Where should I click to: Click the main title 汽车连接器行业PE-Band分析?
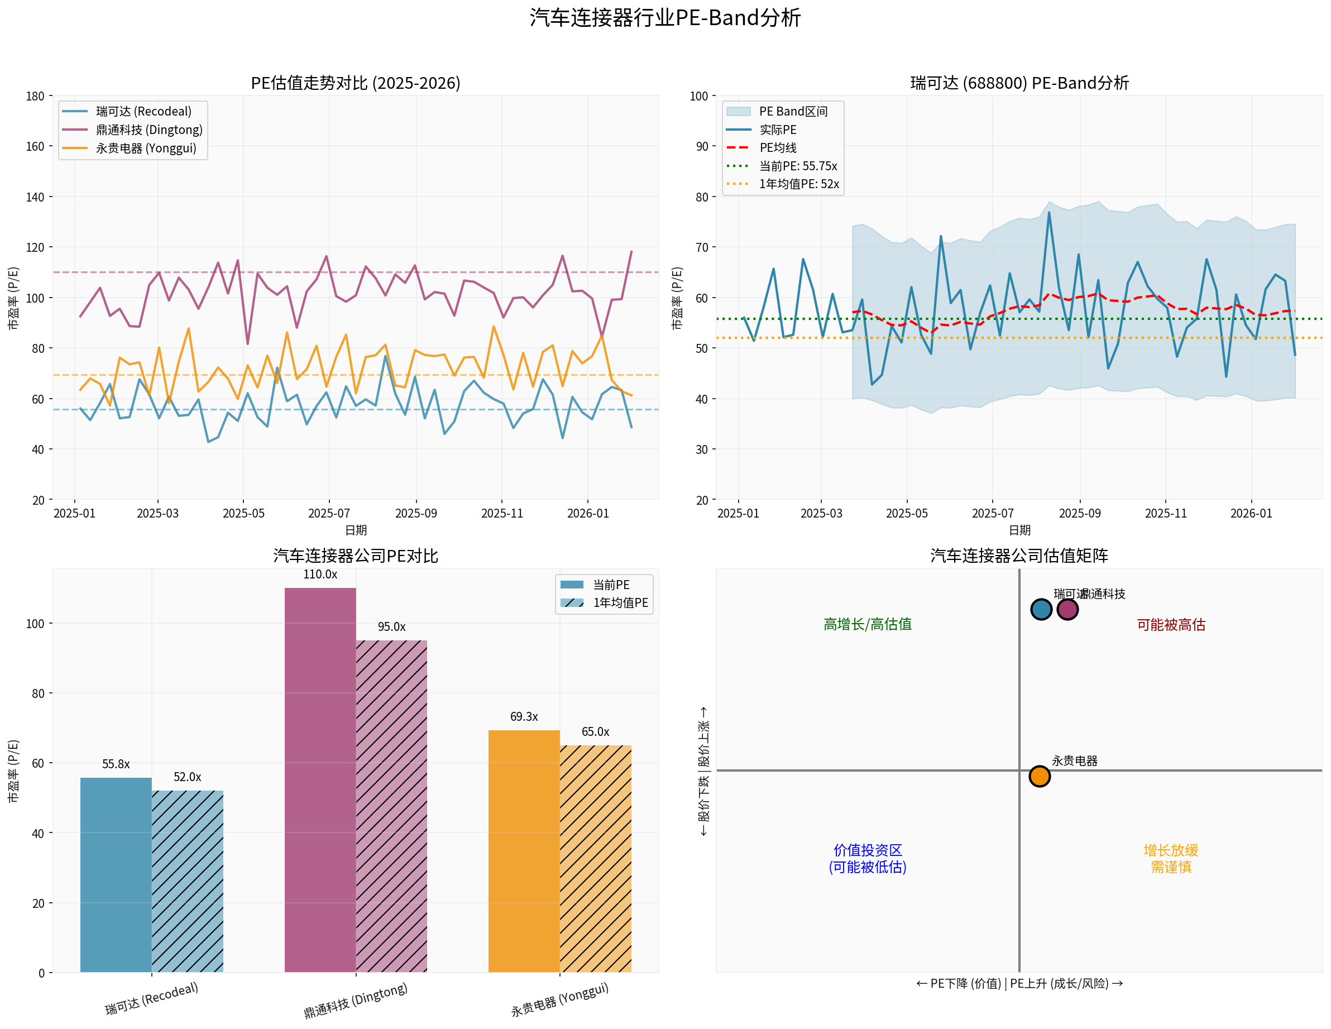click(665, 18)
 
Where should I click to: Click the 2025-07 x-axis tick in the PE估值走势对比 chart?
click(329, 513)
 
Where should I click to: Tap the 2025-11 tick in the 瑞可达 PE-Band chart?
click(1166, 513)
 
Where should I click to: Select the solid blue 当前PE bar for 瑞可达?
click(116, 874)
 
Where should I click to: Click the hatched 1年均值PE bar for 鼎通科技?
click(391, 806)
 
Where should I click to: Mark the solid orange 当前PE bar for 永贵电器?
click(524, 850)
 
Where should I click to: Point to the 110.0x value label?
click(320, 574)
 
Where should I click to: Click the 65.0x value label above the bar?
click(595, 731)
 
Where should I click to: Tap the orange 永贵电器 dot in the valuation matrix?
click(1040, 776)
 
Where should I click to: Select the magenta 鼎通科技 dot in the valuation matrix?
click(1067, 609)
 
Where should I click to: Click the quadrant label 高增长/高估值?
click(867, 624)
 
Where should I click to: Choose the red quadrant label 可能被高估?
click(1171, 625)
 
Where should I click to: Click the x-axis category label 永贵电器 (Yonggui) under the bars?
click(559, 1000)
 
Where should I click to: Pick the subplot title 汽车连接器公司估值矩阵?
click(1019, 556)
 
